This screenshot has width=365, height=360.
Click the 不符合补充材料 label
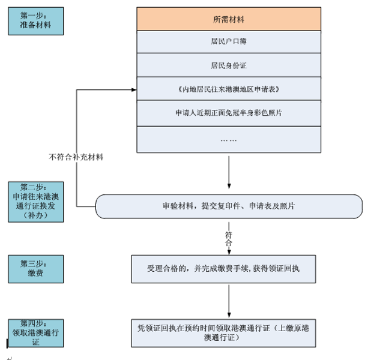[x=76, y=158]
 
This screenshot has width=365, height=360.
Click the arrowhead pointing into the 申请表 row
[x=133, y=90]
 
